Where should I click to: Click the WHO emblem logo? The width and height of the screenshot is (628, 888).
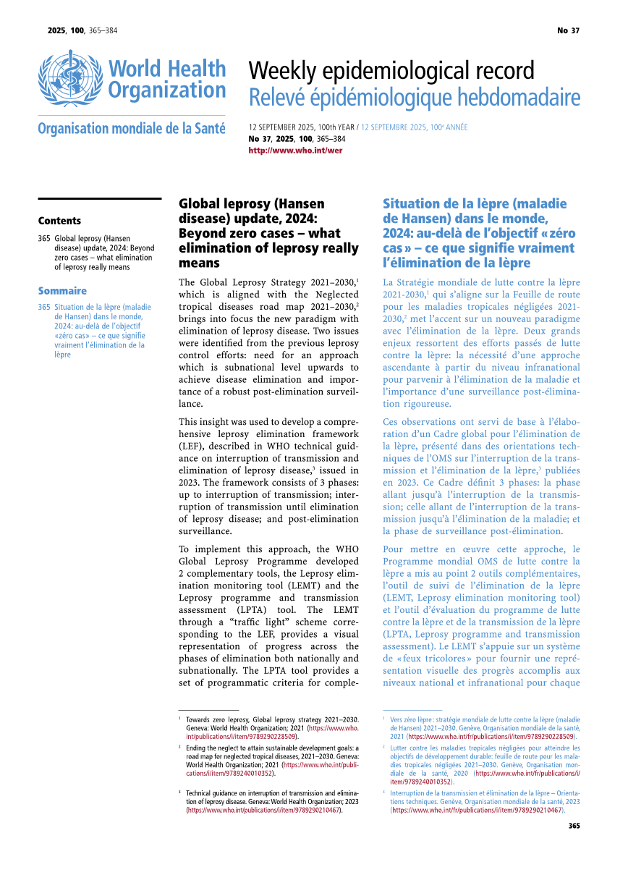[x=70, y=78]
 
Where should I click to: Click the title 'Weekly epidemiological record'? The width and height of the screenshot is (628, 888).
[x=391, y=71]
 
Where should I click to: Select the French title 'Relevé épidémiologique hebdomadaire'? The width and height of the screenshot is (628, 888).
[x=414, y=97]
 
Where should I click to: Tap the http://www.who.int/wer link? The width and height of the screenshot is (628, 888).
[x=295, y=151]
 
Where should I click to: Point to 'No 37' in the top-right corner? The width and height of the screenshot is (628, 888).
[x=568, y=30]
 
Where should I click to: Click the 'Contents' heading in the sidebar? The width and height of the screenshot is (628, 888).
[x=59, y=221]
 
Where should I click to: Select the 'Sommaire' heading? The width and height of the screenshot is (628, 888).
[x=62, y=291]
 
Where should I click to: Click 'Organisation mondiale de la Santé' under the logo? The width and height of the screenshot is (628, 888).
[x=132, y=129]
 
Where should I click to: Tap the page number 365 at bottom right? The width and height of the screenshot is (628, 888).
[x=574, y=826]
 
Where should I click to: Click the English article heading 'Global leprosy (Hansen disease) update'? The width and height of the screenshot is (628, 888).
[x=268, y=233]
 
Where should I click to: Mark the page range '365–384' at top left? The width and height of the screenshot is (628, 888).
[x=103, y=30]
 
